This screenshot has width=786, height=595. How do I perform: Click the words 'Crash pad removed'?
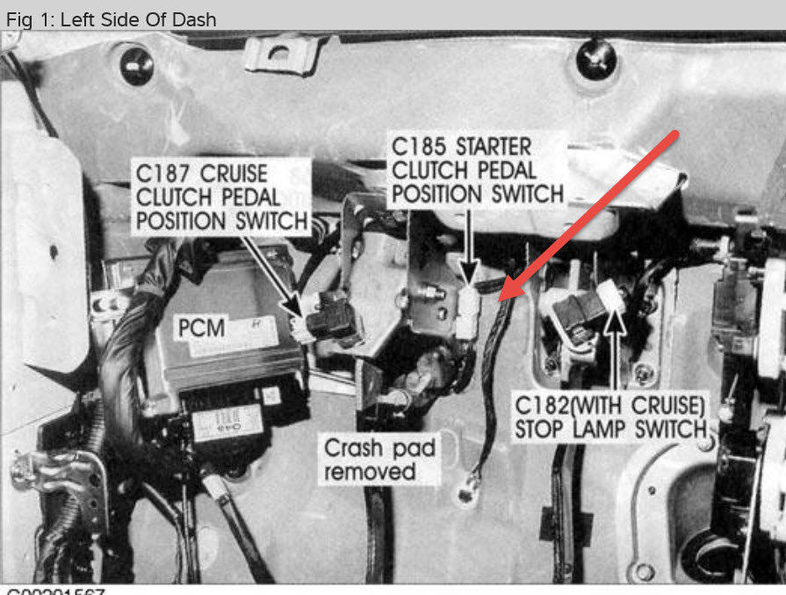point(379,460)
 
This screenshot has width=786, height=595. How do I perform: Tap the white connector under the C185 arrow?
point(468,312)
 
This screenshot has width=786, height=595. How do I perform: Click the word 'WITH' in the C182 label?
point(615,406)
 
